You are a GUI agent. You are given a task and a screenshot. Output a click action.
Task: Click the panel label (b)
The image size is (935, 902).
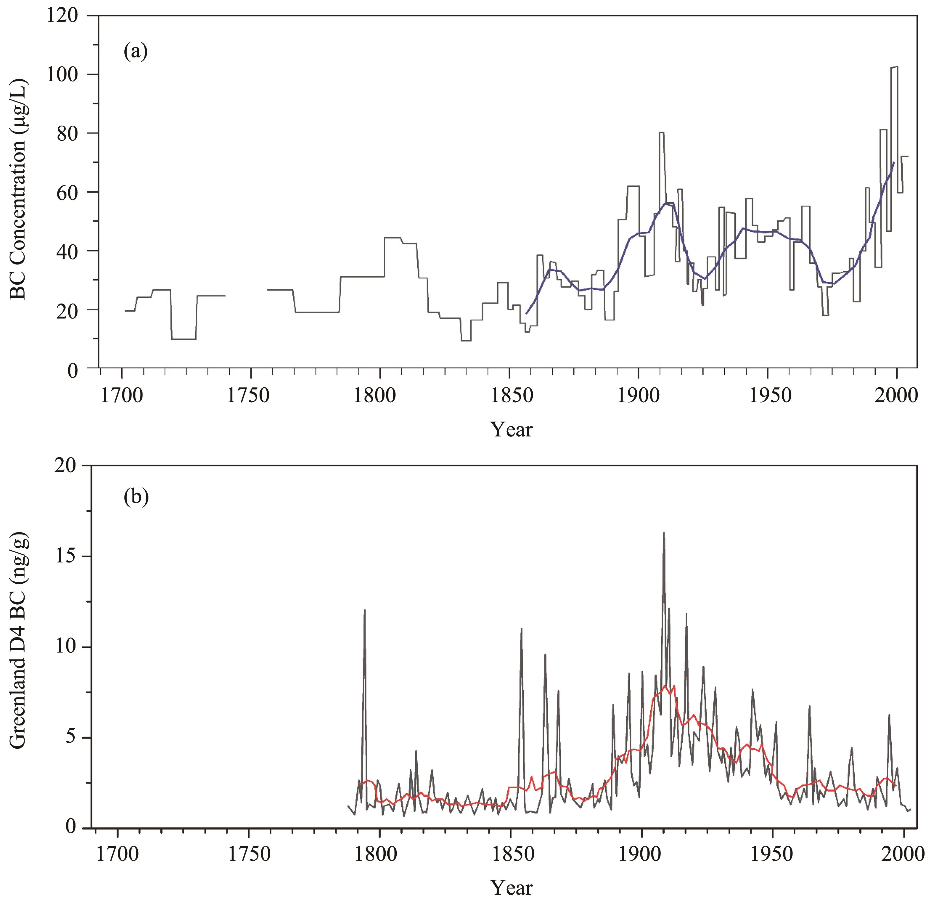[136, 497]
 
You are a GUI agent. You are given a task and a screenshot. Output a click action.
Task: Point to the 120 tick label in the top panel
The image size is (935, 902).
[62, 16]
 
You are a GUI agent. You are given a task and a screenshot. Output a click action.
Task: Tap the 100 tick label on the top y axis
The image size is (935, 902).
[62, 75]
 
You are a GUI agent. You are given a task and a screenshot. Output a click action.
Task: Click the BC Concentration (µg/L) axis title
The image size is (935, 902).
[19, 191]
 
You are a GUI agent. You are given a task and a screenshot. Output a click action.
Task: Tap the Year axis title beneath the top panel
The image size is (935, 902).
[511, 429]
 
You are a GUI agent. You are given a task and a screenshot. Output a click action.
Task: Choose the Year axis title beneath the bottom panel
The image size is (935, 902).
[511, 887]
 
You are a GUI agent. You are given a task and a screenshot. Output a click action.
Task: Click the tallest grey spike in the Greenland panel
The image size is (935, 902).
[664, 533]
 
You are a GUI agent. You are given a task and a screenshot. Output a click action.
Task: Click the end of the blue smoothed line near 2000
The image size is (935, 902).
[893, 163]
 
